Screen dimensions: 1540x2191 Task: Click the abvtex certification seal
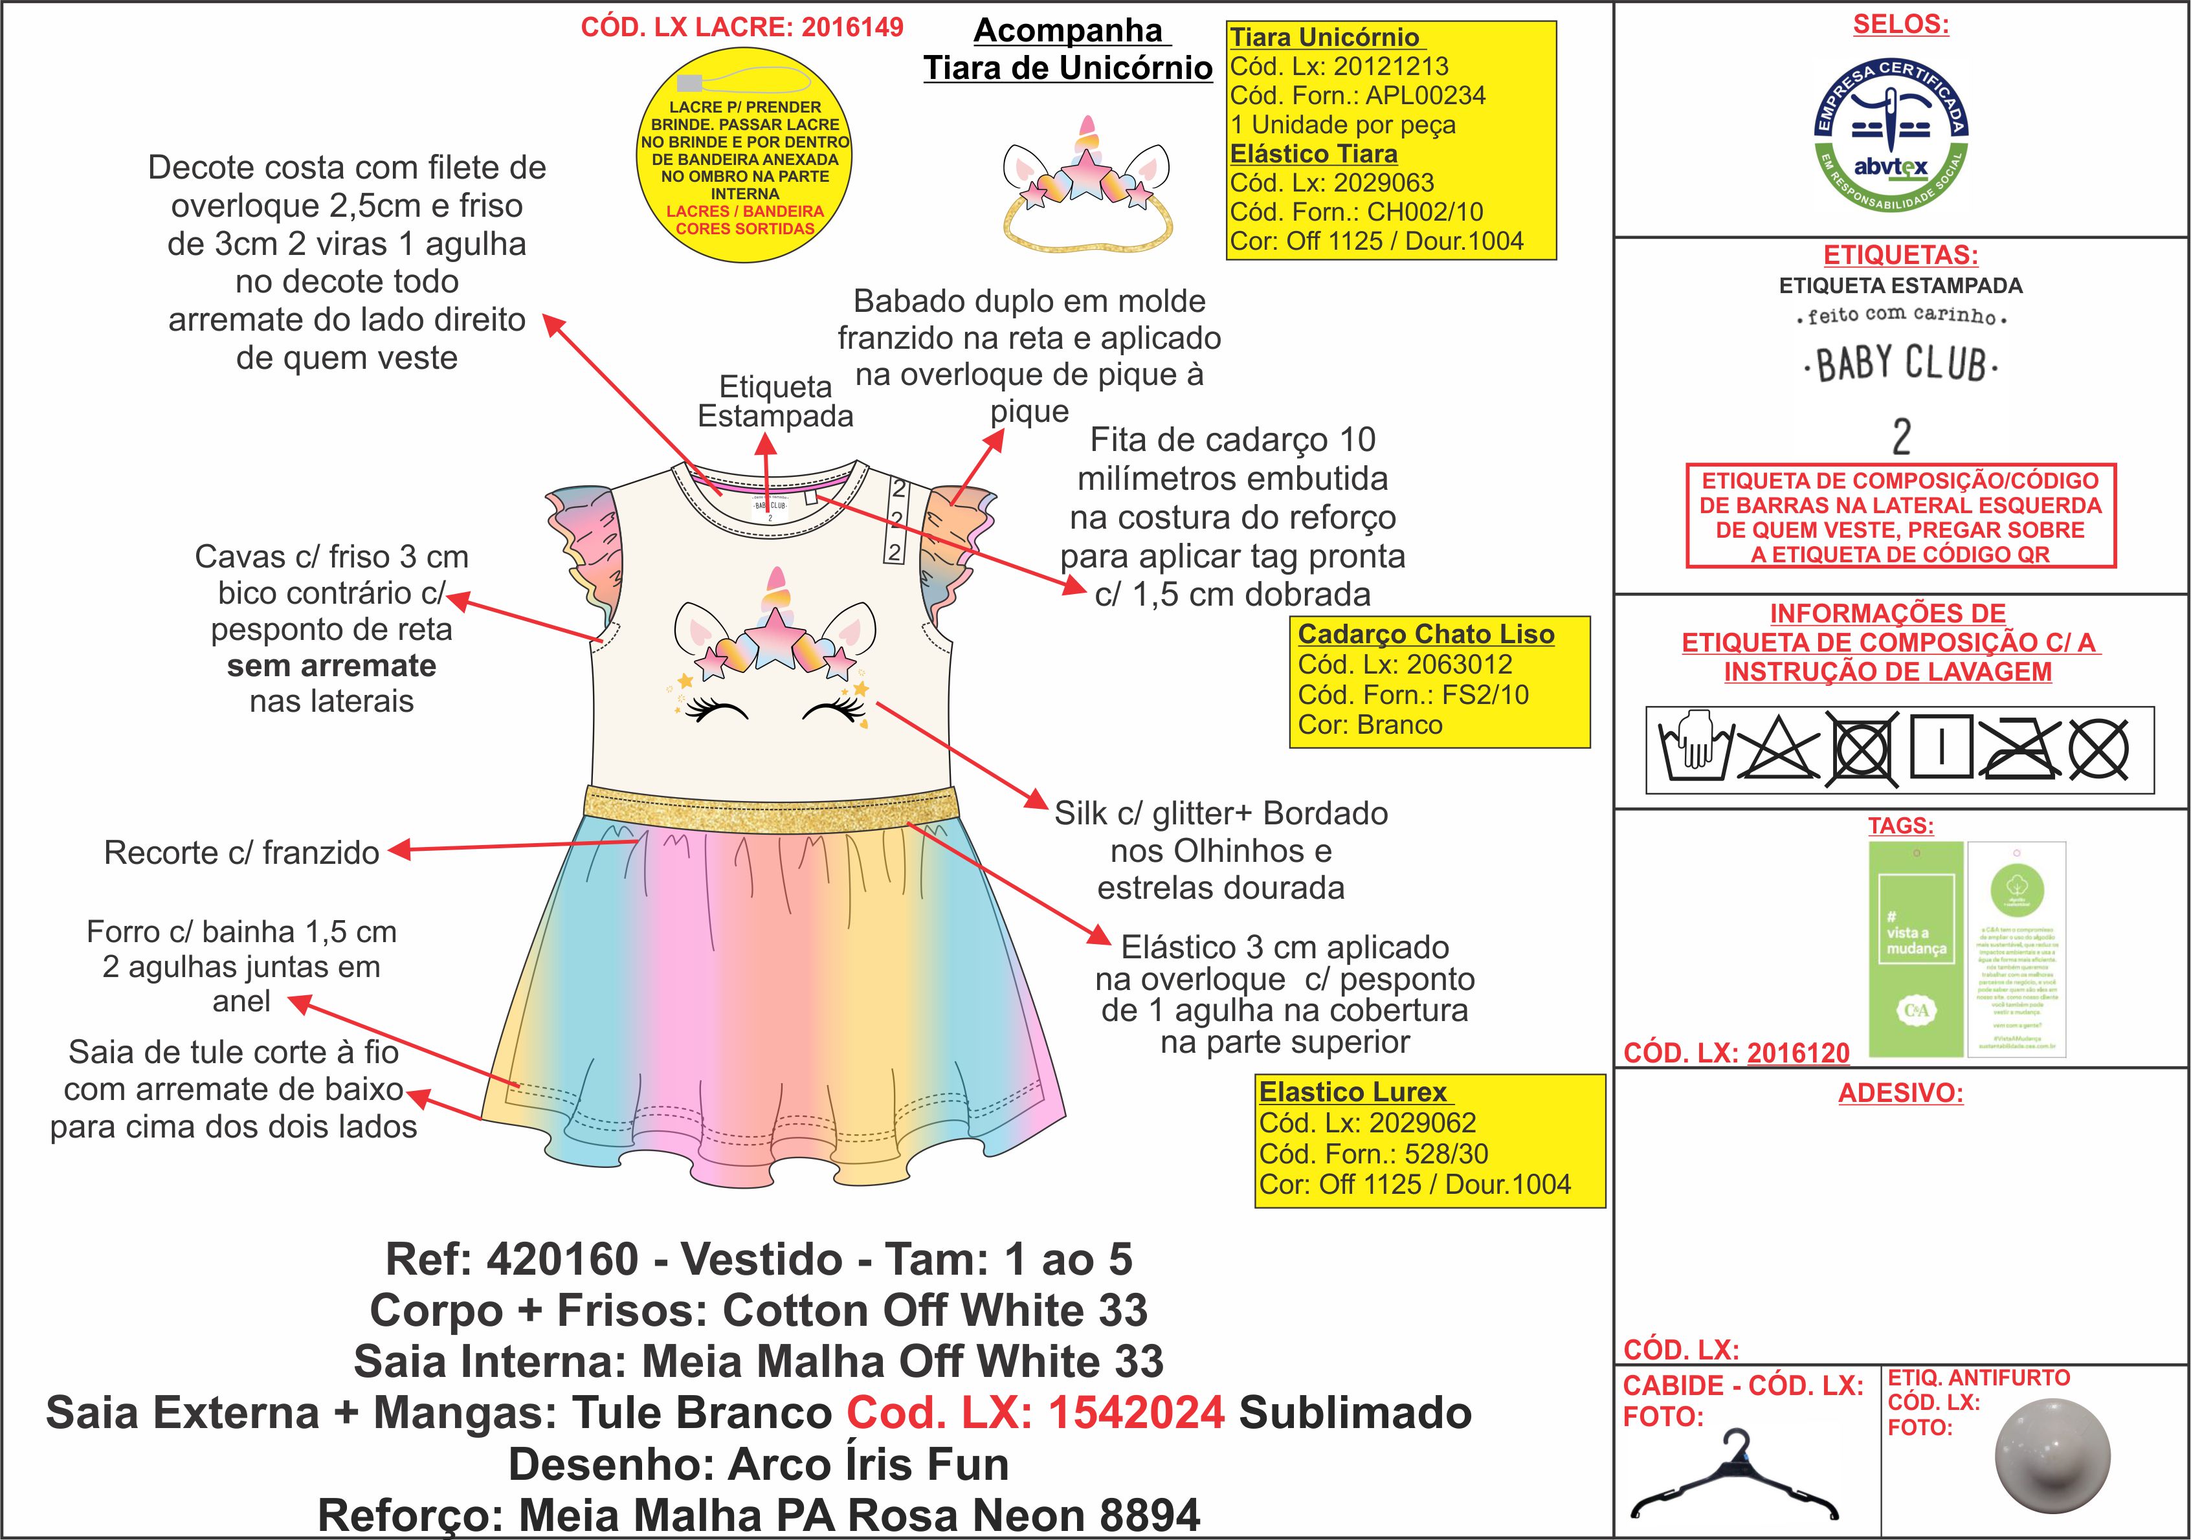point(1891,135)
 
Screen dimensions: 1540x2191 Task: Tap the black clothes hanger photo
point(1733,1480)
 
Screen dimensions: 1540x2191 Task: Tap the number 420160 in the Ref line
point(562,1259)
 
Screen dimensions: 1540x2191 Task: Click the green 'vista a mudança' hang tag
point(1915,949)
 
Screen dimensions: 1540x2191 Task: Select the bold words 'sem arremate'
point(331,665)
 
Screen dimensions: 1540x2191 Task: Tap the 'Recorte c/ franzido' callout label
point(241,852)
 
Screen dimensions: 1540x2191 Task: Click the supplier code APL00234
point(1426,95)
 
